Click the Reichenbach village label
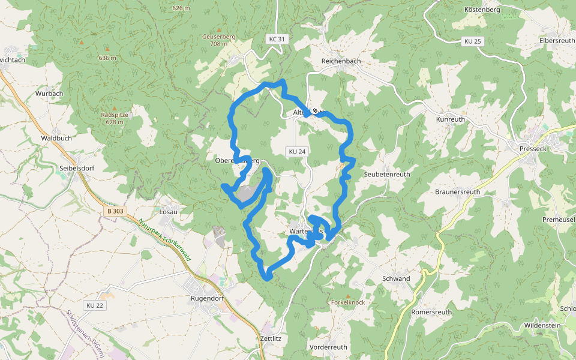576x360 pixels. pos(341,61)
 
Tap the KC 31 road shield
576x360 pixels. pos(277,39)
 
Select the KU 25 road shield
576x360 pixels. pos(472,41)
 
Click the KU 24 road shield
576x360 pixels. pos(297,152)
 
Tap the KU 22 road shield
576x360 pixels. pos(95,305)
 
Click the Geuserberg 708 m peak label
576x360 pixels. pos(218,40)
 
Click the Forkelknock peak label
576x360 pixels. pos(347,302)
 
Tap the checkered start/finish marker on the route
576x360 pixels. pos(314,110)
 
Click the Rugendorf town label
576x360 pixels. pos(207,298)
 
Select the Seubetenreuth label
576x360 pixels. pos(387,174)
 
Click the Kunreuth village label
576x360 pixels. pos(450,119)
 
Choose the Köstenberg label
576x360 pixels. pos(482,10)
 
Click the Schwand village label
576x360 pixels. pos(396,278)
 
